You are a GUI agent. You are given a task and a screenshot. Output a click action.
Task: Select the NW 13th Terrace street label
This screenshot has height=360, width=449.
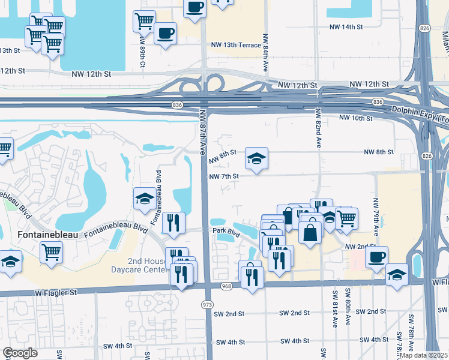(236, 45)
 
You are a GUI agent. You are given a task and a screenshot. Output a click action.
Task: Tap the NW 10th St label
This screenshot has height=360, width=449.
(356, 119)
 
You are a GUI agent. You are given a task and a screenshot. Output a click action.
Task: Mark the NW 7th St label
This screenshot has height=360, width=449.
(224, 176)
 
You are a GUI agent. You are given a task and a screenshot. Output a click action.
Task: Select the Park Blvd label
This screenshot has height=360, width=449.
(223, 231)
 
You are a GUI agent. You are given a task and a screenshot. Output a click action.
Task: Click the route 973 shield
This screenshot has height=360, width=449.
(208, 305)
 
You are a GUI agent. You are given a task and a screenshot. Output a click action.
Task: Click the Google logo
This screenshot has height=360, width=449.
(20, 353)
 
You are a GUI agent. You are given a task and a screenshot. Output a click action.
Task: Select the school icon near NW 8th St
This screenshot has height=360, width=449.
(256, 158)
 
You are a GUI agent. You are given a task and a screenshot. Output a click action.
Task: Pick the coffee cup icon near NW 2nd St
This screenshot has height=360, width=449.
(376, 257)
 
